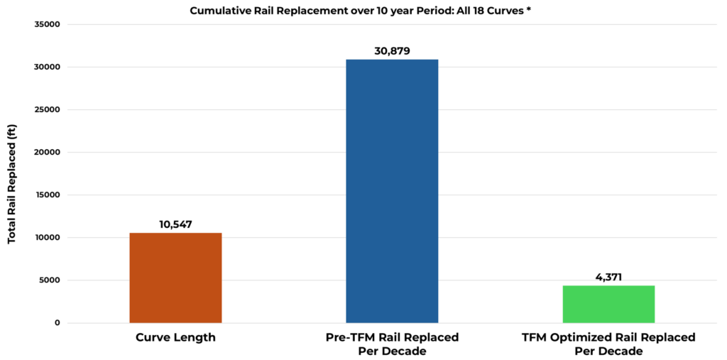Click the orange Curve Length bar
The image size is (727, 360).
point(175,278)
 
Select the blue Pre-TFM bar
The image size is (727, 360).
point(392,191)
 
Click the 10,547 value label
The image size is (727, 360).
point(175,224)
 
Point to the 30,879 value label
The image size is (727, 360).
point(392,51)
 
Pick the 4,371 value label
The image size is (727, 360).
point(608,277)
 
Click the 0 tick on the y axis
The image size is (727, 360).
point(58,323)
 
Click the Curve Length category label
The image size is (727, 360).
point(175,337)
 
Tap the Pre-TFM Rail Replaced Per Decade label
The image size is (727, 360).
point(392,344)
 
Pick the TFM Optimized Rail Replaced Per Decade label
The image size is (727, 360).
point(608,344)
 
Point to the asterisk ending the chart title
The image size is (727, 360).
point(529,10)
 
